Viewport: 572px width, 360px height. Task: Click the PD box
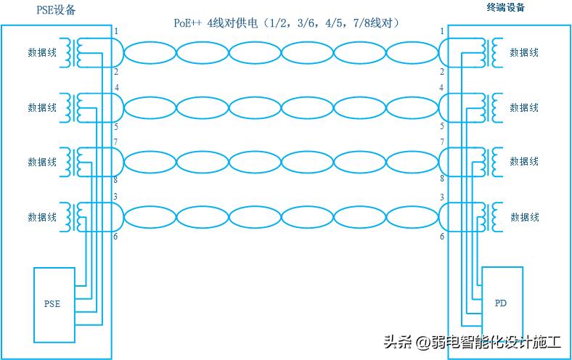pyautogui.click(x=500, y=302)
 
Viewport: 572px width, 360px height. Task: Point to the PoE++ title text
pyautogui.click(x=287, y=23)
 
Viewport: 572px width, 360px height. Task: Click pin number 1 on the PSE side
pyautogui.click(x=116, y=31)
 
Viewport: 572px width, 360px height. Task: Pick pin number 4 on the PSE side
pyautogui.click(x=116, y=87)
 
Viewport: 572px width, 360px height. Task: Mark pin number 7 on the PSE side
pyautogui.click(x=116, y=142)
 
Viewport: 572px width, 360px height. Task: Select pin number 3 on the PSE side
pyautogui.click(x=116, y=197)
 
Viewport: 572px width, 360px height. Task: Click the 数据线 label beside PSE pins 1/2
pyautogui.click(x=42, y=52)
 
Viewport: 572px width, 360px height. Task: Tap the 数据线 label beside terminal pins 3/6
pyautogui.click(x=524, y=217)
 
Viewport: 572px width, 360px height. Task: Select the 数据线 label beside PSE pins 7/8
pyautogui.click(x=42, y=162)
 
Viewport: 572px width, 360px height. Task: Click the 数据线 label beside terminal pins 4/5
pyautogui.click(x=524, y=107)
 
